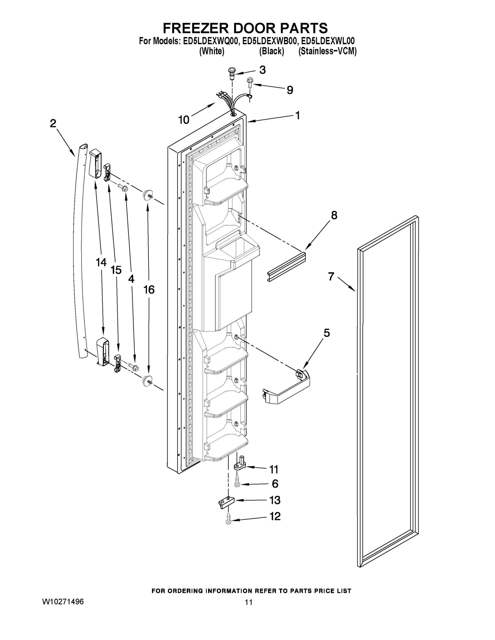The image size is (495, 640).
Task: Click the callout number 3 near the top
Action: [x=263, y=70]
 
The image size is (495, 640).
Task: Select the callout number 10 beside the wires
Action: [x=184, y=120]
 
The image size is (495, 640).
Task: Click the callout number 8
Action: [x=334, y=215]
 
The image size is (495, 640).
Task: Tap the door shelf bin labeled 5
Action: [x=287, y=387]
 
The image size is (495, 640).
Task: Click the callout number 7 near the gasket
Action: [x=331, y=276]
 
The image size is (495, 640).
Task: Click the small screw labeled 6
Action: [x=237, y=482]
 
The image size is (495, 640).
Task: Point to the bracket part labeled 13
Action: [x=225, y=502]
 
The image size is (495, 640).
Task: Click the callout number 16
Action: [x=149, y=290]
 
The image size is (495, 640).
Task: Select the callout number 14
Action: [x=101, y=262]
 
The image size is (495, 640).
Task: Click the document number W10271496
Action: [x=63, y=602]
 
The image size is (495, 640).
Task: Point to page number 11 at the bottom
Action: [x=249, y=602]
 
